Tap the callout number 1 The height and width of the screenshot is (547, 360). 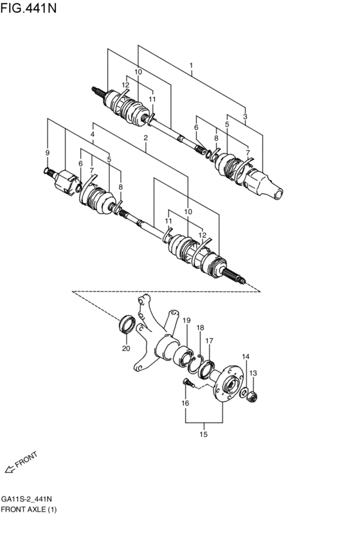[x=191, y=66]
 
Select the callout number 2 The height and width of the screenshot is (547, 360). [x=146, y=138]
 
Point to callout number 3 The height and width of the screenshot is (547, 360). [x=245, y=116]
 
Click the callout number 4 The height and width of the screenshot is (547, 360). [x=93, y=134]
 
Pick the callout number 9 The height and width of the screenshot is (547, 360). [x=47, y=152]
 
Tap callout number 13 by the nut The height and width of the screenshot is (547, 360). [x=253, y=373]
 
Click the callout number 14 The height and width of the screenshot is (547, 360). [x=245, y=357]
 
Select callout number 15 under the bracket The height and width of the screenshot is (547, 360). [x=203, y=435]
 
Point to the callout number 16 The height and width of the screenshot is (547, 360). [x=185, y=403]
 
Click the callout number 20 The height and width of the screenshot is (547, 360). [x=127, y=349]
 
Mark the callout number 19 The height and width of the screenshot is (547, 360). [x=187, y=320]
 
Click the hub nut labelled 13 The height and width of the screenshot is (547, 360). [x=253, y=395]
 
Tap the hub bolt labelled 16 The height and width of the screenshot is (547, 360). [x=186, y=384]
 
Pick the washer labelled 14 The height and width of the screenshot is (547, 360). [x=244, y=391]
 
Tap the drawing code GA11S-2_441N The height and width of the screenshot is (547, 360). [x=26, y=499]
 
